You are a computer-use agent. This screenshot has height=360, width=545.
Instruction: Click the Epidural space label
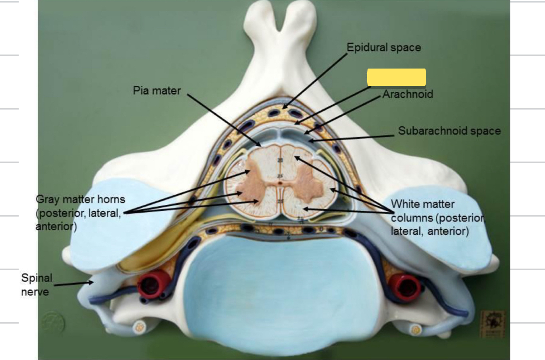[x=383, y=47]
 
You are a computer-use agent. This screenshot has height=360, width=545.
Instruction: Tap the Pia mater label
[x=157, y=90]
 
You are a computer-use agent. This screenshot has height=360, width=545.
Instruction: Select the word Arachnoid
[x=408, y=94]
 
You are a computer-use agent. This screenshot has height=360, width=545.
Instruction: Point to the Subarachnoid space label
[x=449, y=131]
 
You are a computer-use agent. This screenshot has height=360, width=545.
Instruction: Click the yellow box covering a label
[x=396, y=77]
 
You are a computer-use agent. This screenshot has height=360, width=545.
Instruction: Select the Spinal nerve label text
[x=36, y=285]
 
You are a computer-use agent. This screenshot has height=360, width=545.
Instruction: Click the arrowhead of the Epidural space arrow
[x=283, y=108]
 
